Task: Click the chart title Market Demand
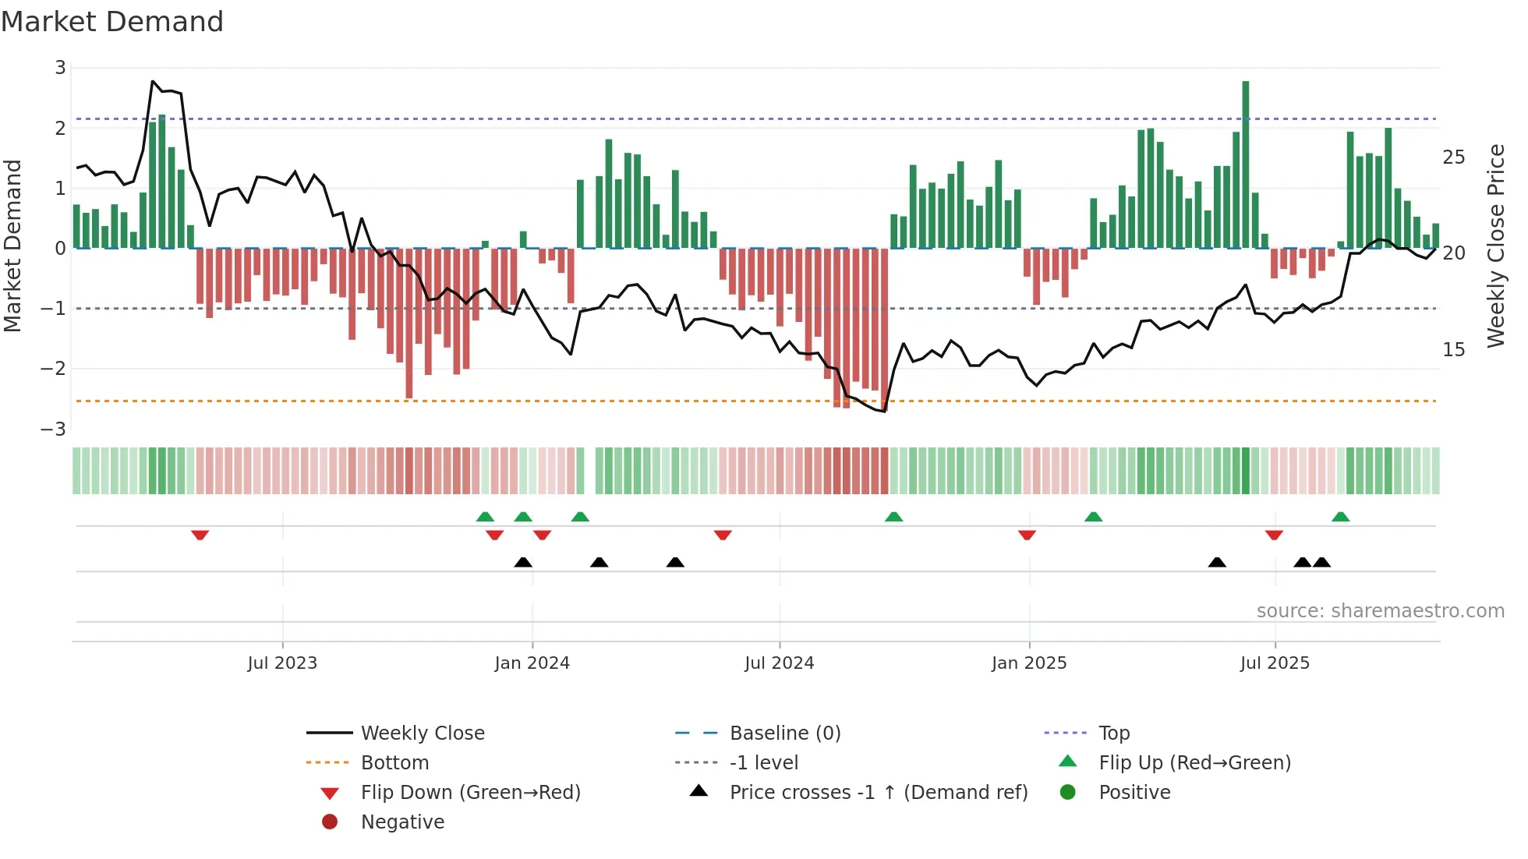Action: coord(112,22)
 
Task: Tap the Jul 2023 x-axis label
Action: coord(282,663)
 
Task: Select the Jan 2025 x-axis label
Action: coord(1029,663)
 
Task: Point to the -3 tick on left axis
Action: coord(55,429)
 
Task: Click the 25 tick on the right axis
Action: coord(1453,157)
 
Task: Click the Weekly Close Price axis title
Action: coord(1495,246)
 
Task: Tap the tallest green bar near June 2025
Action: coord(1246,164)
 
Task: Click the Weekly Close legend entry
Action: coord(422,734)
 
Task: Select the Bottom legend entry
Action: coord(394,763)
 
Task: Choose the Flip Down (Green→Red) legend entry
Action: coord(470,793)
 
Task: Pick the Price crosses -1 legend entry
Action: coord(878,793)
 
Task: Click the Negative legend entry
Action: coord(402,822)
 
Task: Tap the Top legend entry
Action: coord(1113,734)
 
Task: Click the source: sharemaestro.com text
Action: coord(1380,611)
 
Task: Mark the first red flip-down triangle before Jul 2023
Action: coord(200,535)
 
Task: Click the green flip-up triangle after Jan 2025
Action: coord(1094,517)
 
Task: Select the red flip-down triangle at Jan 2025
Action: coord(1027,535)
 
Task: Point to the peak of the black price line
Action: coord(153,81)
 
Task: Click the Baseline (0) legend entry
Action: coord(784,734)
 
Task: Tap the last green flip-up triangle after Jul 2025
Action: coord(1341,517)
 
